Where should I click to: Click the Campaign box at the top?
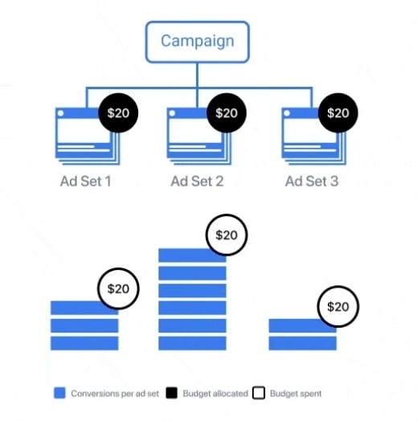[198, 42]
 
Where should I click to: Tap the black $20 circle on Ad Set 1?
[118, 113]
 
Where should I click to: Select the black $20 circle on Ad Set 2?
[227, 113]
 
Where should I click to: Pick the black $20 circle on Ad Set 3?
[338, 113]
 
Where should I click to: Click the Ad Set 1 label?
[86, 182]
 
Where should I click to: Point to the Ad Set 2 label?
[197, 182]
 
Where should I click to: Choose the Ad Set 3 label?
[312, 182]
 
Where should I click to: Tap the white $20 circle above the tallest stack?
[227, 235]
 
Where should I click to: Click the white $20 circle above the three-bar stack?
[118, 288]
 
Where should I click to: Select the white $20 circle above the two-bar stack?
[338, 307]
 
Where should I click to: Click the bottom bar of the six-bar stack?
[192, 343]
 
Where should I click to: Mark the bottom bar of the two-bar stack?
[303, 343]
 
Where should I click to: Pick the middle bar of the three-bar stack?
[84, 325]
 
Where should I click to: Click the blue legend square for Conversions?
[59, 393]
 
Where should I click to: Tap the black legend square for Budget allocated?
[172, 393]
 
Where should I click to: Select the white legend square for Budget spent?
[259, 393]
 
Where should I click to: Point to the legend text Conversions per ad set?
[115, 394]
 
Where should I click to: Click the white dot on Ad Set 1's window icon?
[61, 113]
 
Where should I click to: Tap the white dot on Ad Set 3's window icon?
[287, 113]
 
